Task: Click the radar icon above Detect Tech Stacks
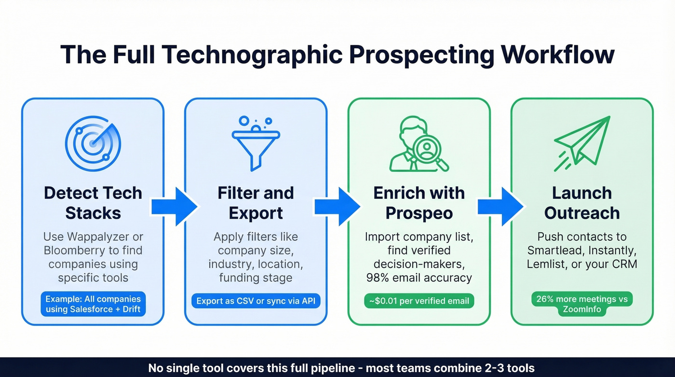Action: (x=93, y=143)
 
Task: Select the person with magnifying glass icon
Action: (x=418, y=144)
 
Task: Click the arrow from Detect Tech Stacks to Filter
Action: (x=174, y=207)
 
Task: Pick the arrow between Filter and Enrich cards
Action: (x=337, y=207)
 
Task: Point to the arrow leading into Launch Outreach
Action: (x=500, y=207)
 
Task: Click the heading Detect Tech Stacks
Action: (x=93, y=203)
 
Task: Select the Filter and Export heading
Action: (x=256, y=203)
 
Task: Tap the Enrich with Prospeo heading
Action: (x=419, y=203)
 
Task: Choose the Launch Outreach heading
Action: (x=582, y=203)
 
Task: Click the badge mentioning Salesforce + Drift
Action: (x=93, y=304)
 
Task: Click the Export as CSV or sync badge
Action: (x=256, y=301)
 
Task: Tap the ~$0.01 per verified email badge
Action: (x=419, y=301)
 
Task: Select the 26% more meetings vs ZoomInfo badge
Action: (x=582, y=304)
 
